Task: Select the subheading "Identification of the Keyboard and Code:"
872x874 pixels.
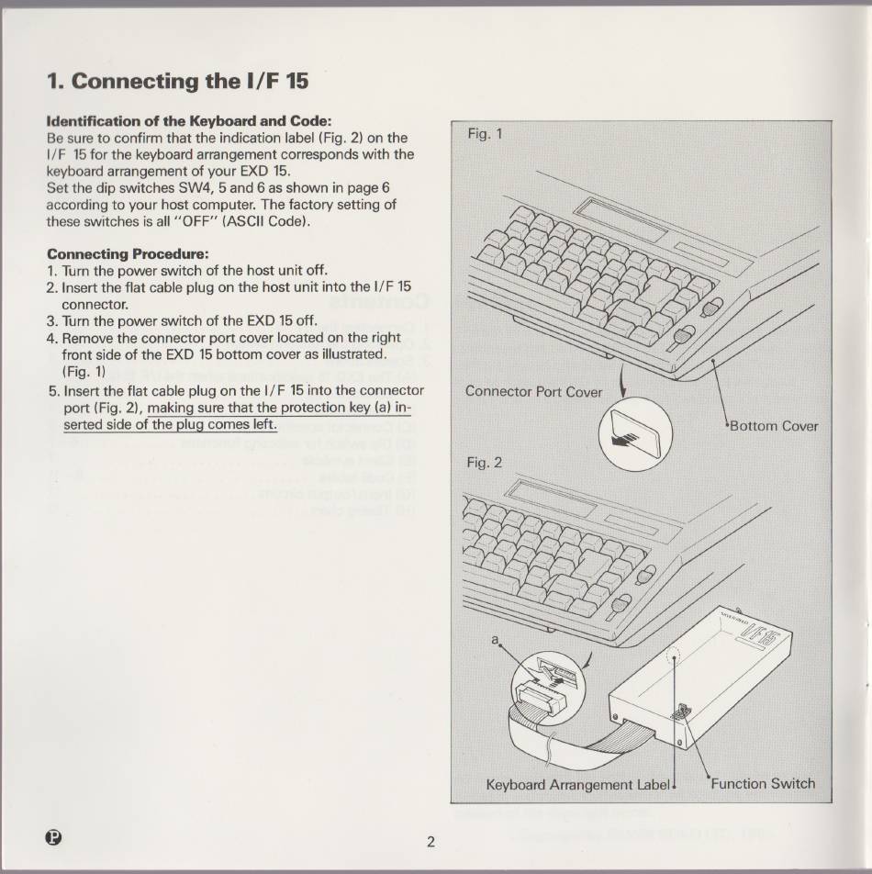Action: (x=189, y=121)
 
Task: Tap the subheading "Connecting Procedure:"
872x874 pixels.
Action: (x=128, y=254)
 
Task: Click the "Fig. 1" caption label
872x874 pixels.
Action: (x=485, y=134)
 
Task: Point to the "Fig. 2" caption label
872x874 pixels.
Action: (x=485, y=463)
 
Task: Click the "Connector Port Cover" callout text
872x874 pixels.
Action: (x=533, y=392)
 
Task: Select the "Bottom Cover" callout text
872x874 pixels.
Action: (x=774, y=426)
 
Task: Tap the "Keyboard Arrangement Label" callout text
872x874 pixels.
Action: (x=577, y=785)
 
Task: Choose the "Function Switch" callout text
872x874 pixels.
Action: (x=763, y=784)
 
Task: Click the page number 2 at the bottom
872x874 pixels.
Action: (x=430, y=842)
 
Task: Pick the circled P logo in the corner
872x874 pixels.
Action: (x=54, y=837)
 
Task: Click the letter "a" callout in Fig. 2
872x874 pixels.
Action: (x=494, y=640)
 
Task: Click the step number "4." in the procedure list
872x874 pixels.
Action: (x=51, y=339)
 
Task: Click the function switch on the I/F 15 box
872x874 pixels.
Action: (x=681, y=712)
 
